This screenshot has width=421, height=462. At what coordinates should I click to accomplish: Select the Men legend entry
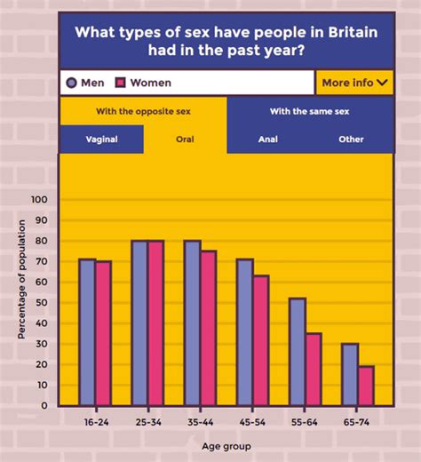pyautogui.click(x=86, y=83)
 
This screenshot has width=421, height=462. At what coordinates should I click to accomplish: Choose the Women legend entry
pyautogui.click(x=143, y=83)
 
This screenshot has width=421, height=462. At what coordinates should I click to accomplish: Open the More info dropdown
pyautogui.click(x=353, y=83)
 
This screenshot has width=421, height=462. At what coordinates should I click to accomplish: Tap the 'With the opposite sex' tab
pyautogui.click(x=143, y=111)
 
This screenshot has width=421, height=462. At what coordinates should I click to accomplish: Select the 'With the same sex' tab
pyautogui.click(x=309, y=111)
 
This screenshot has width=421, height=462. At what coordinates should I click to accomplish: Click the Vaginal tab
pyautogui.click(x=102, y=139)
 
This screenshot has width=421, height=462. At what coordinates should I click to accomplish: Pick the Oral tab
pyautogui.click(x=185, y=139)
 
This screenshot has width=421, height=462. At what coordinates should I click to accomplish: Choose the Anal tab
pyautogui.click(x=268, y=139)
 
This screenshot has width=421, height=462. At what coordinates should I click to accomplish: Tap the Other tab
pyautogui.click(x=351, y=139)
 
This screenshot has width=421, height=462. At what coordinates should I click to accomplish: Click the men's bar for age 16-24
pyautogui.click(x=86, y=332)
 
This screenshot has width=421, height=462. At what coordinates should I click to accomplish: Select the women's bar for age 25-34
pyautogui.click(x=155, y=323)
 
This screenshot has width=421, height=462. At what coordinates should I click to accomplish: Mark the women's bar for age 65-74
pyautogui.click(x=365, y=386)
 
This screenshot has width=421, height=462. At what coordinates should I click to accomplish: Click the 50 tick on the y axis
pyautogui.click(x=41, y=303)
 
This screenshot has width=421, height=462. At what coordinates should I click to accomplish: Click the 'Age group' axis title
pyautogui.click(x=226, y=446)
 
